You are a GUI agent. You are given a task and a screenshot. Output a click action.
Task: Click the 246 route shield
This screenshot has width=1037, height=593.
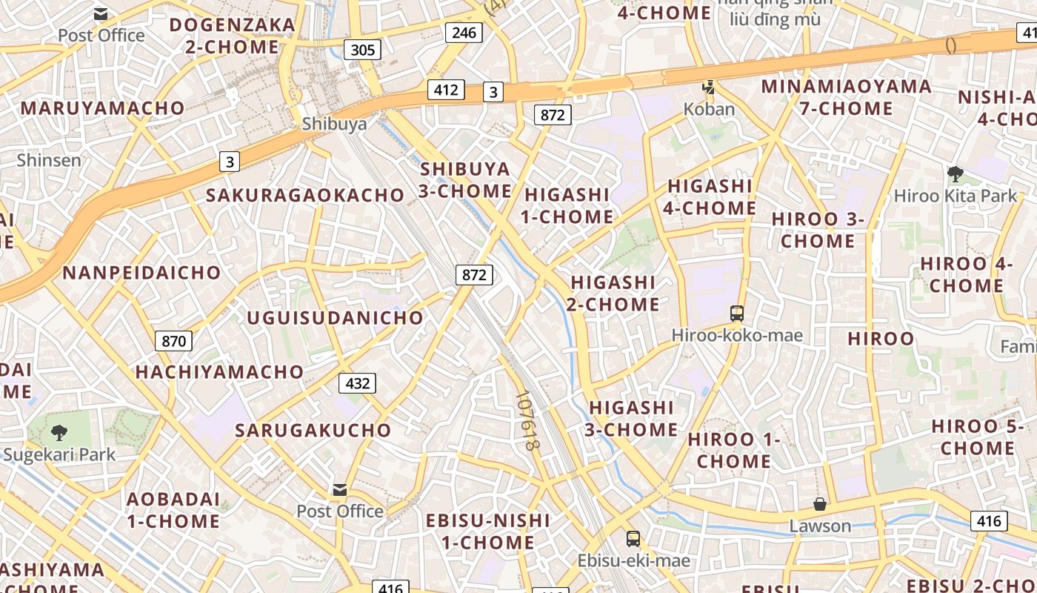pyautogui.click(x=464, y=32)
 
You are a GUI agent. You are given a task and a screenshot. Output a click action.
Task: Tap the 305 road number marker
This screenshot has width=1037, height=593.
pyautogui.click(x=362, y=50)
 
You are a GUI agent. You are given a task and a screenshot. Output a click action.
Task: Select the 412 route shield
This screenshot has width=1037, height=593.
pyautogui.click(x=446, y=90)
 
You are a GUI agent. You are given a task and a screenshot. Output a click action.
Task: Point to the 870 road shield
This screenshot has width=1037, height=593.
pyautogui.click(x=173, y=341)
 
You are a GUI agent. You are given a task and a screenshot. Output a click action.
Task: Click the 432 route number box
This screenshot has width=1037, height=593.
pyautogui.click(x=357, y=383)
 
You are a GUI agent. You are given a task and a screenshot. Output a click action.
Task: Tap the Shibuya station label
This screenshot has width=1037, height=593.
pyautogui.click(x=334, y=124)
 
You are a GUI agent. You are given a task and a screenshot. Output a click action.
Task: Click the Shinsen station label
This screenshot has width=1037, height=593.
pyautogui.click(x=49, y=160)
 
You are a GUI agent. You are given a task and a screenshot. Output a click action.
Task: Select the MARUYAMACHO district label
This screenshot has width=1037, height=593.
pyautogui.click(x=102, y=108)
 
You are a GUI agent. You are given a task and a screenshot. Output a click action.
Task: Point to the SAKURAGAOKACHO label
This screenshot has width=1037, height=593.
pyautogui.click(x=305, y=196)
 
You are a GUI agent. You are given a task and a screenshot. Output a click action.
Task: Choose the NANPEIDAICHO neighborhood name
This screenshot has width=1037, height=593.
pyautogui.click(x=141, y=273)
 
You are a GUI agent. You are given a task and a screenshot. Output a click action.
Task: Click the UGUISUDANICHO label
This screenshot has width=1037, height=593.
pyautogui.click(x=335, y=318)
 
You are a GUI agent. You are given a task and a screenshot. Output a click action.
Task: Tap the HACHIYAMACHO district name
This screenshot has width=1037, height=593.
pyautogui.click(x=219, y=372)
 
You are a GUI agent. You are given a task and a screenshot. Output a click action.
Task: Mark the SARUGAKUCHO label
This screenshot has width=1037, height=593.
pyautogui.click(x=313, y=431)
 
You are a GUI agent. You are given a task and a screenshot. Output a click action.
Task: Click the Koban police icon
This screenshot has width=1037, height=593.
pyautogui.click(x=709, y=88)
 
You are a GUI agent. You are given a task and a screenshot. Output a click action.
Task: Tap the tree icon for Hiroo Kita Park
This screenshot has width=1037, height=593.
pyautogui.click(x=955, y=174)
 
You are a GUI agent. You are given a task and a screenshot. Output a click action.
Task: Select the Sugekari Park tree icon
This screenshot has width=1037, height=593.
pyautogui.click(x=59, y=432)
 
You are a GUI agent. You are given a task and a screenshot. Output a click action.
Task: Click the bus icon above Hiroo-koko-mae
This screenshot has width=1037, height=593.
pyautogui.click(x=736, y=314)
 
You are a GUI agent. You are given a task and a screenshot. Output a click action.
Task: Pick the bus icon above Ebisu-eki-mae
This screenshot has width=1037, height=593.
pyautogui.click(x=633, y=539)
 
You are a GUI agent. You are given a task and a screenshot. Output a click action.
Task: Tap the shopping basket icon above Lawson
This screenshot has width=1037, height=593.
pyautogui.click(x=819, y=504)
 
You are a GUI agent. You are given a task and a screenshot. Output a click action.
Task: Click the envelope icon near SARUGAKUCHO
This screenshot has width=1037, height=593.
pyautogui.click(x=340, y=489)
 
